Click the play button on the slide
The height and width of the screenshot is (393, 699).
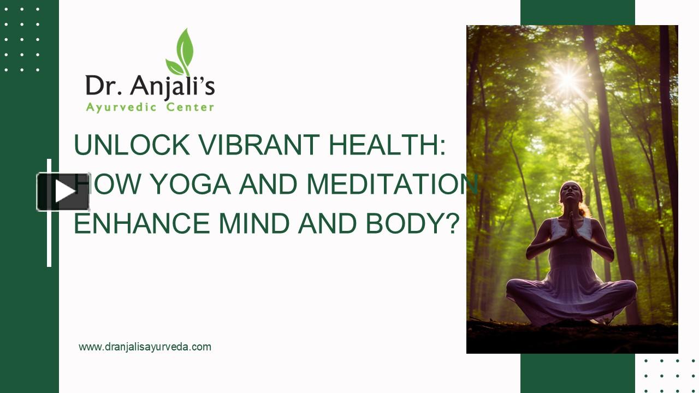tap(63, 192)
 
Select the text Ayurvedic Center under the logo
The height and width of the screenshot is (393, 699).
tap(150, 108)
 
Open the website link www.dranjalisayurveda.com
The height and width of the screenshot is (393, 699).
tap(145, 347)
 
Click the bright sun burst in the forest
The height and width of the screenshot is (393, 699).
tap(568, 78)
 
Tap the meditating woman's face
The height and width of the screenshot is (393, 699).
tap(571, 193)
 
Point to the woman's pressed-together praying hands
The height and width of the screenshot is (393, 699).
tap(572, 227)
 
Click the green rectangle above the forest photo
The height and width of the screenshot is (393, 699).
tap(577, 12)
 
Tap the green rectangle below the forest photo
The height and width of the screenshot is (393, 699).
tap(577, 373)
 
